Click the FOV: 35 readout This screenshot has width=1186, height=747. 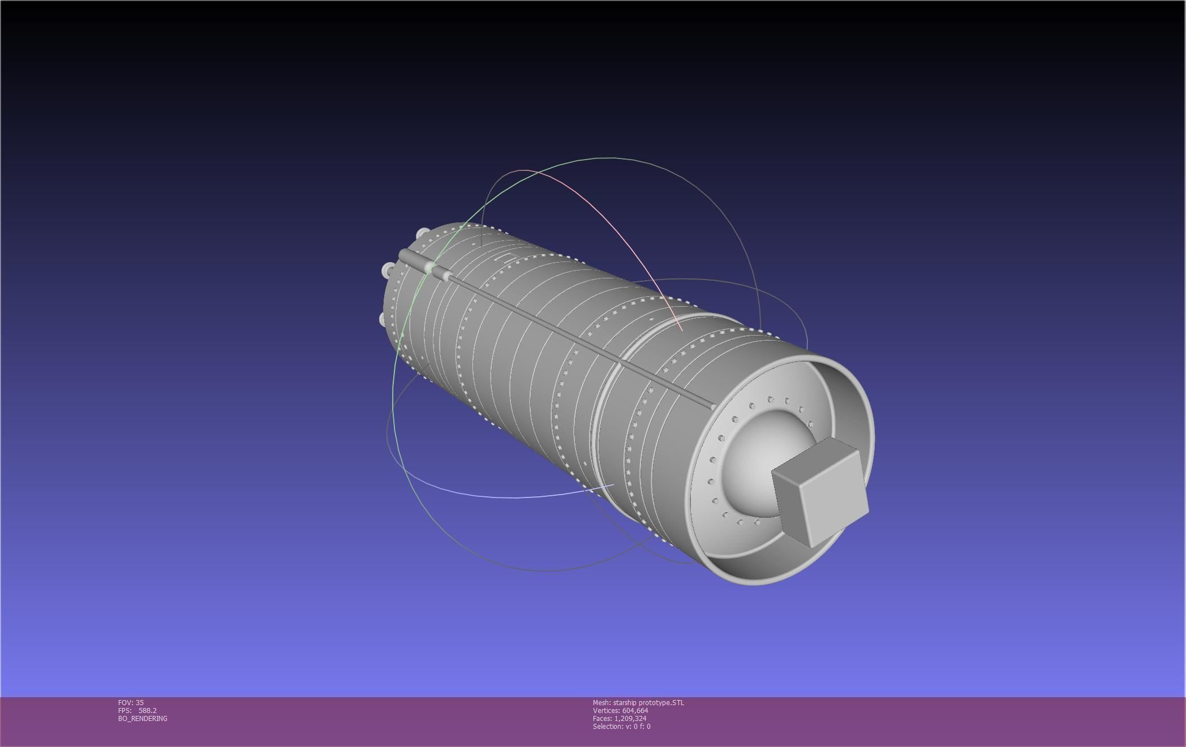coord(131,702)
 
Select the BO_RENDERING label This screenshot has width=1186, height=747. coord(143,718)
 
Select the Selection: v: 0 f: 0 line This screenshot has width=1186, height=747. coord(621,726)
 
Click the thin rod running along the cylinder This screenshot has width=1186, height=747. coord(566,334)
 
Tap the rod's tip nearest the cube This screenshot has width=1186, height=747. coord(712,406)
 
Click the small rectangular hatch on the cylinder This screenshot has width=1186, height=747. coord(502,259)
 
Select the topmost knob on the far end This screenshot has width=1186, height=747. coord(422,234)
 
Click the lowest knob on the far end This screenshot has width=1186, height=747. coord(383,320)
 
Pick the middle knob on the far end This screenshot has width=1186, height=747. coord(388,271)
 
